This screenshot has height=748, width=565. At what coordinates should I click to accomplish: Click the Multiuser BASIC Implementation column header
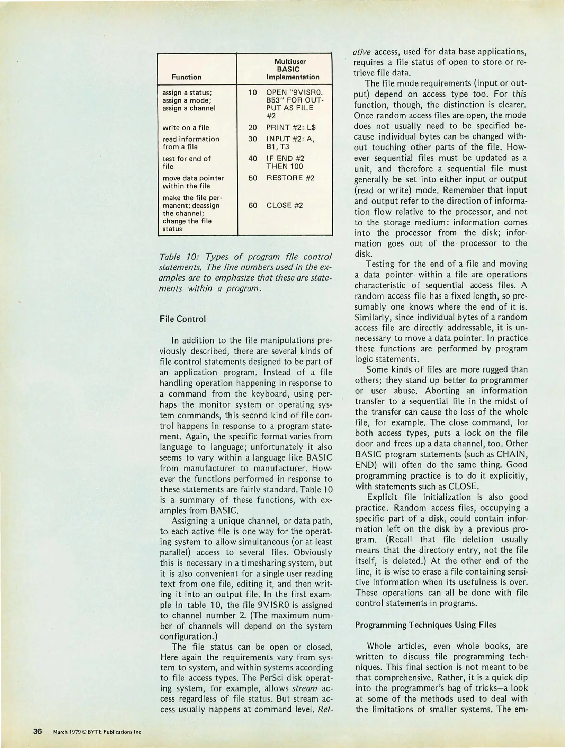[290, 69]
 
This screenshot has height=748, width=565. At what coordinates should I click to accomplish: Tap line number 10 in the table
[253, 92]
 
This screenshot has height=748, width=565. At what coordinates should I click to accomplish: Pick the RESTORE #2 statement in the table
[290, 178]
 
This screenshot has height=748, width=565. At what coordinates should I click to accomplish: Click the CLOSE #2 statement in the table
[285, 205]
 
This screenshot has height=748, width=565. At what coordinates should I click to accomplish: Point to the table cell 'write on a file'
[186, 127]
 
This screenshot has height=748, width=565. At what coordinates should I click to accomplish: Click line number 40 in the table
[253, 159]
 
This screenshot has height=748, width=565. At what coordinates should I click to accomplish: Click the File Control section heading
[182, 319]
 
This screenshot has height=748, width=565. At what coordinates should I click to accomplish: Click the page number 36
[37, 732]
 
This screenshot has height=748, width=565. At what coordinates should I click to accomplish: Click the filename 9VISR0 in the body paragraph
[285, 605]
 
